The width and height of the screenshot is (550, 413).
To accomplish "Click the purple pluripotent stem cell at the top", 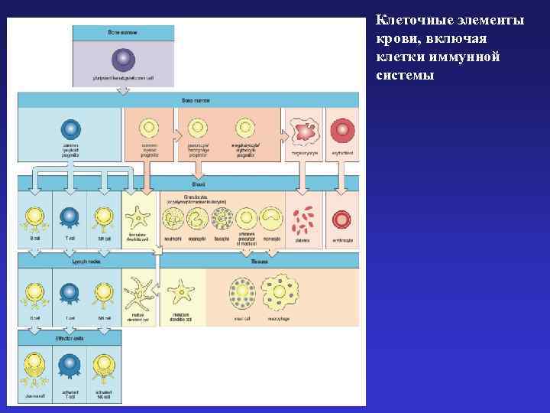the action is (122, 60).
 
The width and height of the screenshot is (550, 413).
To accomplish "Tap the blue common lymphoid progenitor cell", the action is (70, 128).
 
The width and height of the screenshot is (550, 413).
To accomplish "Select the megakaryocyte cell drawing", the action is (305, 132).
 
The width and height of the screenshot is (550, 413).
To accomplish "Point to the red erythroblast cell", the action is (341, 129).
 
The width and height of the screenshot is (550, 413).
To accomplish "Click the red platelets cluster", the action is (305, 220).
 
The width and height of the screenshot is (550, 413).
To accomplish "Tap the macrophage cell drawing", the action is (280, 291).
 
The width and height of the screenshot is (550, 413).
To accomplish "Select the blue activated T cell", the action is (70, 365).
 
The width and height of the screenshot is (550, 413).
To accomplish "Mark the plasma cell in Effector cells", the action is (34, 365).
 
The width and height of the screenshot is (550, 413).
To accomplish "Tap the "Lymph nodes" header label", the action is (69, 261).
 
